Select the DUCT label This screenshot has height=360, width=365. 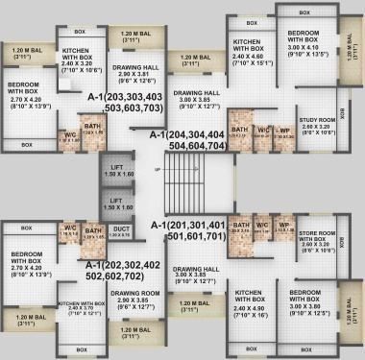pyautogui.click(x=120, y=228)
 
